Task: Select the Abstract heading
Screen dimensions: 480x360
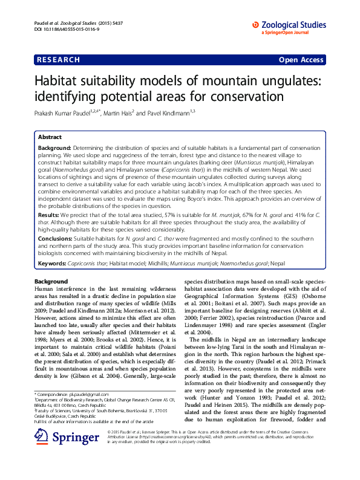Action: click(50, 137)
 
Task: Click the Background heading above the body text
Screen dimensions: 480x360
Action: click(51, 282)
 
